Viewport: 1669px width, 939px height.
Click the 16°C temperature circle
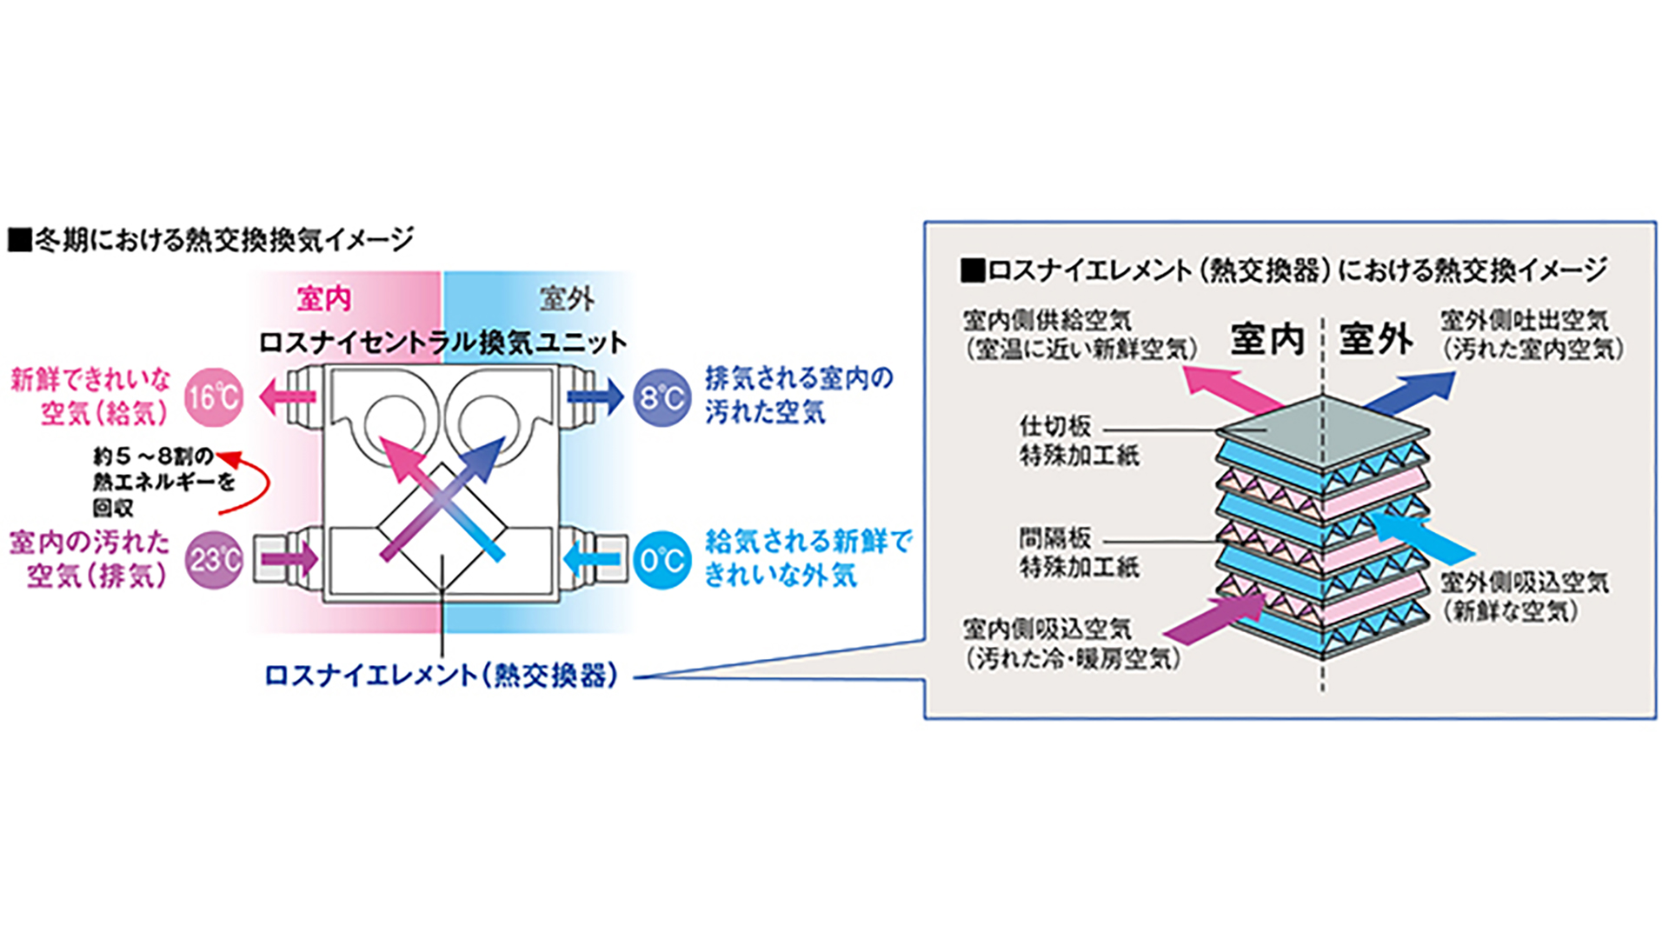(x=213, y=397)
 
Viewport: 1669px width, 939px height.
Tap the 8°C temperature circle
(x=662, y=397)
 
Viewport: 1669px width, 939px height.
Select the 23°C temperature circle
(x=214, y=559)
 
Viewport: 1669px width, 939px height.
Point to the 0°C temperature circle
(x=662, y=559)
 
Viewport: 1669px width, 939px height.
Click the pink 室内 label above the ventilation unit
(x=324, y=299)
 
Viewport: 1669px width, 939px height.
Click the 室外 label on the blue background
(x=567, y=299)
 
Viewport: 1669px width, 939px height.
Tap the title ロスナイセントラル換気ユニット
(x=442, y=342)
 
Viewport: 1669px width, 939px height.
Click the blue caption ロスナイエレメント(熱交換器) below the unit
(x=441, y=675)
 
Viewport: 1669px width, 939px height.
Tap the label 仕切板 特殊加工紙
(x=1079, y=441)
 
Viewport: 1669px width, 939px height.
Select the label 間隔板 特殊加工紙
(x=1079, y=553)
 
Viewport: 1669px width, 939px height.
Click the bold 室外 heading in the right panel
(x=1375, y=338)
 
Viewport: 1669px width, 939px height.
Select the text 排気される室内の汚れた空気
(x=798, y=394)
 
